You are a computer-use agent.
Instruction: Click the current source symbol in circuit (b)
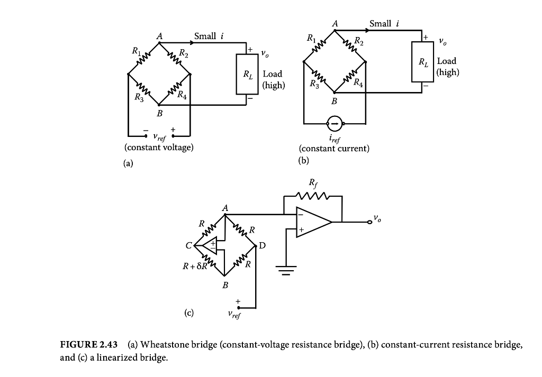pos(334,124)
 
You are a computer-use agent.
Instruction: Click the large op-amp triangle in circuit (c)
pos(312,222)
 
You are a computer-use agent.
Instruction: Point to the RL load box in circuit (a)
pos(246,73)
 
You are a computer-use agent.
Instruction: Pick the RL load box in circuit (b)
pos(423,61)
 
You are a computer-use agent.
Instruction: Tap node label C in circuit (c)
pos(188,246)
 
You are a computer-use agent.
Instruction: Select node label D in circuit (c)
pos(262,246)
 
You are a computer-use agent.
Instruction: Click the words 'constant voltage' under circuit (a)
pos(159,148)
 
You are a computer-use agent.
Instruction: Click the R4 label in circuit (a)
pos(182,96)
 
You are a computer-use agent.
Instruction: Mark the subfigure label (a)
pos(128,163)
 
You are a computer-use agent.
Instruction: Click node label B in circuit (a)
pos(159,114)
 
